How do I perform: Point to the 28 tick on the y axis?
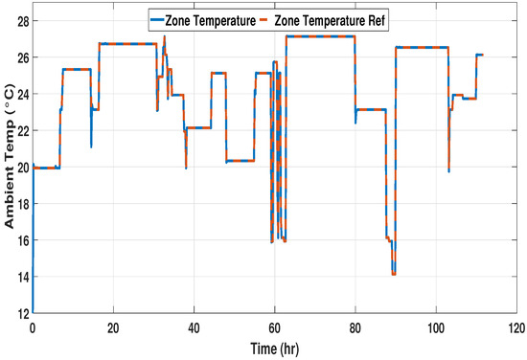coord(20,20)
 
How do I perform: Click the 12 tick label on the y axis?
coord(20,313)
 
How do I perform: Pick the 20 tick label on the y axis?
coord(20,167)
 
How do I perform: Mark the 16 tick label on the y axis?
coord(20,240)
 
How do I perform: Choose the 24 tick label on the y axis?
coord(20,94)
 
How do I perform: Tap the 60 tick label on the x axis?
coord(274,326)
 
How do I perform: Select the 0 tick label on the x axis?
coord(33,326)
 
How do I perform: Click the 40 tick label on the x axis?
coord(194,326)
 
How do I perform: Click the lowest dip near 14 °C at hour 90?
coord(394,274)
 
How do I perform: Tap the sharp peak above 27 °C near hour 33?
coord(165,36)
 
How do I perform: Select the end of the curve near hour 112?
coord(483,55)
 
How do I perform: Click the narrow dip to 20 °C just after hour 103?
coord(448,170)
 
